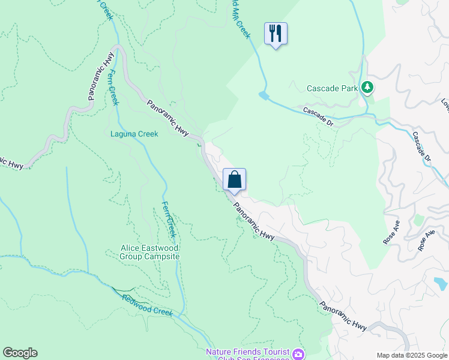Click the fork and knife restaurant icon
[276, 34]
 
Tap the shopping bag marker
[234, 179]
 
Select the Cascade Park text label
[332, 88]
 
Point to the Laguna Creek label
[134, 134]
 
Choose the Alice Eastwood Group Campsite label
[150, 252]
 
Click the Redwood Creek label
[147, 305]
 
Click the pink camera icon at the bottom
[298, 354]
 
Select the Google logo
[20, 353]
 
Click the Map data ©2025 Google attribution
[412, 355]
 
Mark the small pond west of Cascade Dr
[264, 95]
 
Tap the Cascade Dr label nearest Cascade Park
[318, 117]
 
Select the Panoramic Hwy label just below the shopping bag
[254, 221]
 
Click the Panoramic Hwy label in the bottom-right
[343, 316]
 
